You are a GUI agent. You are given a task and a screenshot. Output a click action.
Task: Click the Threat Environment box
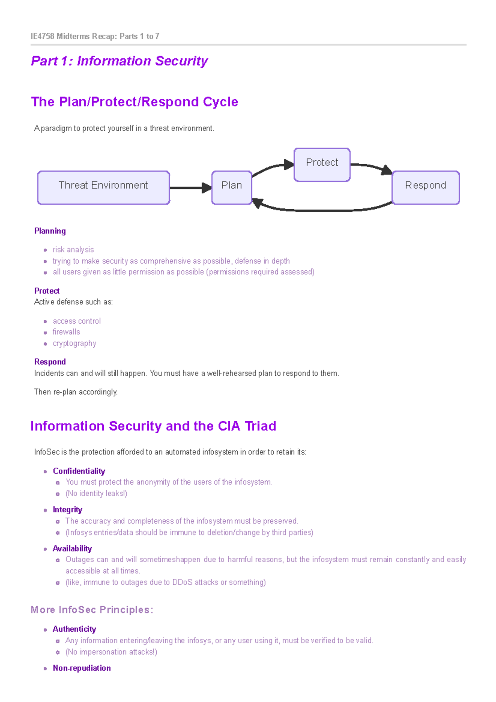pyautogui.click(x=103, y=187)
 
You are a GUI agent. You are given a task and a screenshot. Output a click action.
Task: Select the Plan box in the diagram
pyautogui.click(x=231, y=187)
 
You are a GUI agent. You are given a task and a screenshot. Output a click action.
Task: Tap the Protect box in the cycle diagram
pyautogui.click(x=322, y=165)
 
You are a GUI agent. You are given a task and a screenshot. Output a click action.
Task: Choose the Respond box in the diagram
pyautogui.click(x=425, y=187)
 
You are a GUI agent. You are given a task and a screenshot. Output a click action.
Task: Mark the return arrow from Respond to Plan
pyautogui.click(x=322, y=210)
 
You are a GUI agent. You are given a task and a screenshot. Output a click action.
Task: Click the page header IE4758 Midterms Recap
pyautogui.click(x=95, y=36)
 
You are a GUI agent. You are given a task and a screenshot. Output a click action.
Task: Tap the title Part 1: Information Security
pyautogui.click(x=119, y=61)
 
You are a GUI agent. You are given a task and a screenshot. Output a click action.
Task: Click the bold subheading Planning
pyautogui.click(x=50, y=231)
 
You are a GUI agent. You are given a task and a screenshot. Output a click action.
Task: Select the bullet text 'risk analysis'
pyautogui.click(x=73, y=250)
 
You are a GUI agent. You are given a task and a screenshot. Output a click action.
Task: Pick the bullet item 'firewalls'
pyautogui.click(x=66, y=332)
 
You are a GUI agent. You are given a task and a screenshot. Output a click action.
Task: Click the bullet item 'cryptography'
pyautogui.click(x=74, y=344)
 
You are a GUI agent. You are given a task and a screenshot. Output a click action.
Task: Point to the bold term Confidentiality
pyautogui.click(x=79, y=471)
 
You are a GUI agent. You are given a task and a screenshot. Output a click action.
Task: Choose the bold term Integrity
pyautogui.click(x=67, y=510)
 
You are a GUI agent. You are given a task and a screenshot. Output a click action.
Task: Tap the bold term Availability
pyautogui.click(x=72, y=549)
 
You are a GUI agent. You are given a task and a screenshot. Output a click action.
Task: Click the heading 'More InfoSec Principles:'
pyautogui.click(x=92, y=610)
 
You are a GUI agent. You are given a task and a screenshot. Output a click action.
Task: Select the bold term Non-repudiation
pyautogui.click(x=82, y=668)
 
